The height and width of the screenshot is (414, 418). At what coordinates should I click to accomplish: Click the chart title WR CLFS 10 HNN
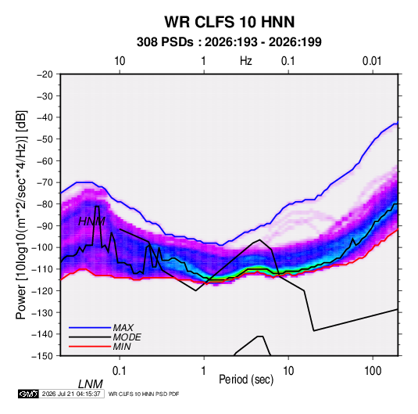pyautogui.click(x=229, y=22)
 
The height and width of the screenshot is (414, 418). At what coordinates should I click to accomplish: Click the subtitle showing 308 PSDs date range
pyautogui.click(x=229, y=42)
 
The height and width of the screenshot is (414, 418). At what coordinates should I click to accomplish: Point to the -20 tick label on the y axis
pyautogui.click(x=45, y=74)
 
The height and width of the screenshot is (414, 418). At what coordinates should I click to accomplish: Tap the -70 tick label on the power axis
pyautogui.click(x=45, y=182)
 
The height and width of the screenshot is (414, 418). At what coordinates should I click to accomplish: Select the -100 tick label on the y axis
pyautogui.click(x=42, y=247)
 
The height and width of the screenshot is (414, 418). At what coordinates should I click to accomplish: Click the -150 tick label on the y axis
pyautogui.click(x=42, y=356)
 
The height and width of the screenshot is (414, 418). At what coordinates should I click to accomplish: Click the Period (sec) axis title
pyautogui.click(x=246, y=380)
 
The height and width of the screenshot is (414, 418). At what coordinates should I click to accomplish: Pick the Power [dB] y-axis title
pyautogui.click(x=21, y=215)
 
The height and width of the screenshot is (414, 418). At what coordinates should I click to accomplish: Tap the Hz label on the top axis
pyautogui.click(x=246, y=61)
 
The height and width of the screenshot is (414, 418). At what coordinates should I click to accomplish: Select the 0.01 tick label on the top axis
pyautogui.click(x=372, y=61)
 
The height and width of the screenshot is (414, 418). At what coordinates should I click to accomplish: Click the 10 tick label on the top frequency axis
pyautogui.click(x=120, y=61)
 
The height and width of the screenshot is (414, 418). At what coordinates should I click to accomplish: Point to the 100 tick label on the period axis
pyautogui.click(x=373, y=371)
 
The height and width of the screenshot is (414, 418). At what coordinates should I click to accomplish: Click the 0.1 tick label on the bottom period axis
pyautogui.click(x=120, y=371)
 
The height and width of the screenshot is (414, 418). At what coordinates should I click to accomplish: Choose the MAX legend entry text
pyautogui.click(x=123, y=328)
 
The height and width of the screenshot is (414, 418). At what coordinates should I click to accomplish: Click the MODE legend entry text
pyautogui.click(x=127, y=337)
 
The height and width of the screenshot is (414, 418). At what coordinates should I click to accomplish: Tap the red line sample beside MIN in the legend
pyautogui.click(x=90, y=347)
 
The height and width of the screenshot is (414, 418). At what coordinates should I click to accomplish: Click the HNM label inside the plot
pyautogui.click(x=91, y=221)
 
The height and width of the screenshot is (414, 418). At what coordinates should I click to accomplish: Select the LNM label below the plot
pyautogui.click(x=90, y=384)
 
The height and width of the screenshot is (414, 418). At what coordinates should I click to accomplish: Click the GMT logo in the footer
pyautogui.click(x=28, y=394)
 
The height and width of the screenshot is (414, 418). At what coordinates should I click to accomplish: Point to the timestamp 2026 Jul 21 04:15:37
pyautogui.click(x=71, y=394)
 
